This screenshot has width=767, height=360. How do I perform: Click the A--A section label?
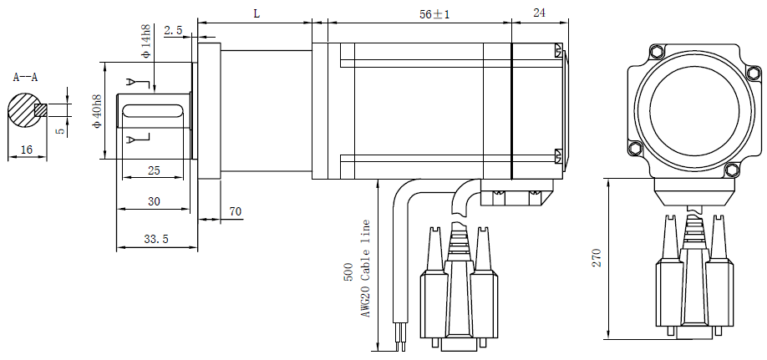click(x=25, y=78)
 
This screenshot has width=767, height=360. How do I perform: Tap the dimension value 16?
click(x=27, y=150)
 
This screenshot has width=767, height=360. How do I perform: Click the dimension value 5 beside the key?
click(x=58, y=131)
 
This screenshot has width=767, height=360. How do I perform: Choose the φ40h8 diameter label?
click(x=98, y=110)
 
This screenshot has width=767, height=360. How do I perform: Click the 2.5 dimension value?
click(x=173, y=31)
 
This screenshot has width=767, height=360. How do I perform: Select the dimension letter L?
click(x=257, y=13)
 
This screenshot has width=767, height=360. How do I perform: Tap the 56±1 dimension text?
click(x=434, y=15)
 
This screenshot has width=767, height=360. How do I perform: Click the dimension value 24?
click(x=539, y=13)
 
